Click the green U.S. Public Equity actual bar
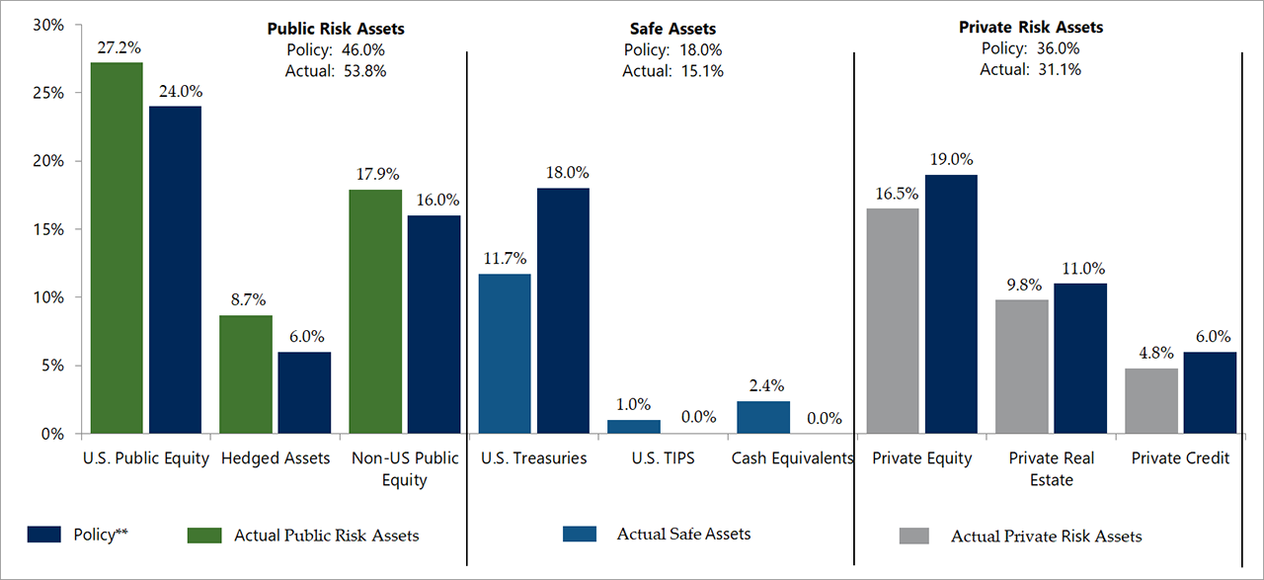pos(117,247)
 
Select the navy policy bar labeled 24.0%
pos(175,269)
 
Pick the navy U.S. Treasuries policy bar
pos(563,310)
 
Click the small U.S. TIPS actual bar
pos(633,427)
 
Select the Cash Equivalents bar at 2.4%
pos(763,417)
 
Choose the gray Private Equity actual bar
pos(893,320)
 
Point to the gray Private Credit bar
pos(1151,400)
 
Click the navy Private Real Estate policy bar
pos(1080,358)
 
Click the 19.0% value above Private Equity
pos(950,158)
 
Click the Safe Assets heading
pos(672,30)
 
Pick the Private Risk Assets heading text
pos(1031,28)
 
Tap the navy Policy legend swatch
pos(44,535)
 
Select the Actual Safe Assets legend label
pos(683,534)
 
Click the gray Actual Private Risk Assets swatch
pos(914,536)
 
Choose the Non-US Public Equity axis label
pos(405,468)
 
